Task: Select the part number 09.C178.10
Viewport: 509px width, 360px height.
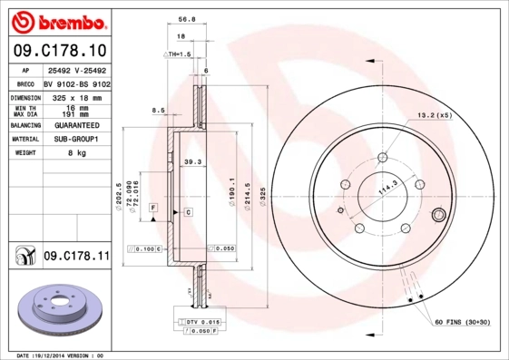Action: (x=58, y=50)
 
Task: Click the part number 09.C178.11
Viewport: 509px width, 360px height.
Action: (x=75, y=257)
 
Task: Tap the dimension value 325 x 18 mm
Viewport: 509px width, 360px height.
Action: (x=77, y=97)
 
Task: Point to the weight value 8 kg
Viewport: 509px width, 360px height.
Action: (x=77, y=153)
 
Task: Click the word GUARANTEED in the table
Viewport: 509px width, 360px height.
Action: (x=77, y=125)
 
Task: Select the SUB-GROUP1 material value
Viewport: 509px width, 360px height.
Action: (x=77, y=139)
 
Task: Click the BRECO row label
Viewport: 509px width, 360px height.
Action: (x=26, y=83)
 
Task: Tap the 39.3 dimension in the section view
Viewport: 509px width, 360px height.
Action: (x=192, y=161)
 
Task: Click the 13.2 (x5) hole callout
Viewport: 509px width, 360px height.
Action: (x=434, y=114)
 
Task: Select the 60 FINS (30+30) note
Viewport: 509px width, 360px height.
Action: (x=464, y=322)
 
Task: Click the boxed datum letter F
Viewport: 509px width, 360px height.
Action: (x=153, y=208)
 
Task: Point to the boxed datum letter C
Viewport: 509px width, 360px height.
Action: (x=187, y=211)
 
